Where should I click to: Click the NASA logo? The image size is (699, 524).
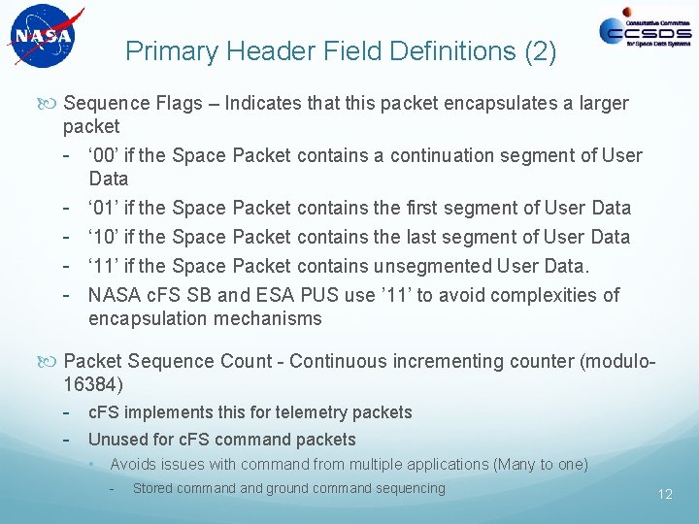tap(42, 37)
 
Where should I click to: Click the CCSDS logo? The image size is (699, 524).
tap(645, 32)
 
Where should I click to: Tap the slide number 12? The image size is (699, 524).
tap(665, 494)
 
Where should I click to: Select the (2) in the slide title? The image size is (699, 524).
tap(539, 51)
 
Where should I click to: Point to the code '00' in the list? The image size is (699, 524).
tap(104, 155)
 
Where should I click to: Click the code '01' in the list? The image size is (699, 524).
tap(104, 208)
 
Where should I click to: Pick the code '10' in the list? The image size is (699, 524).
tap(104, 237)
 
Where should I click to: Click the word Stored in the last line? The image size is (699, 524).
tap(154, 488)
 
